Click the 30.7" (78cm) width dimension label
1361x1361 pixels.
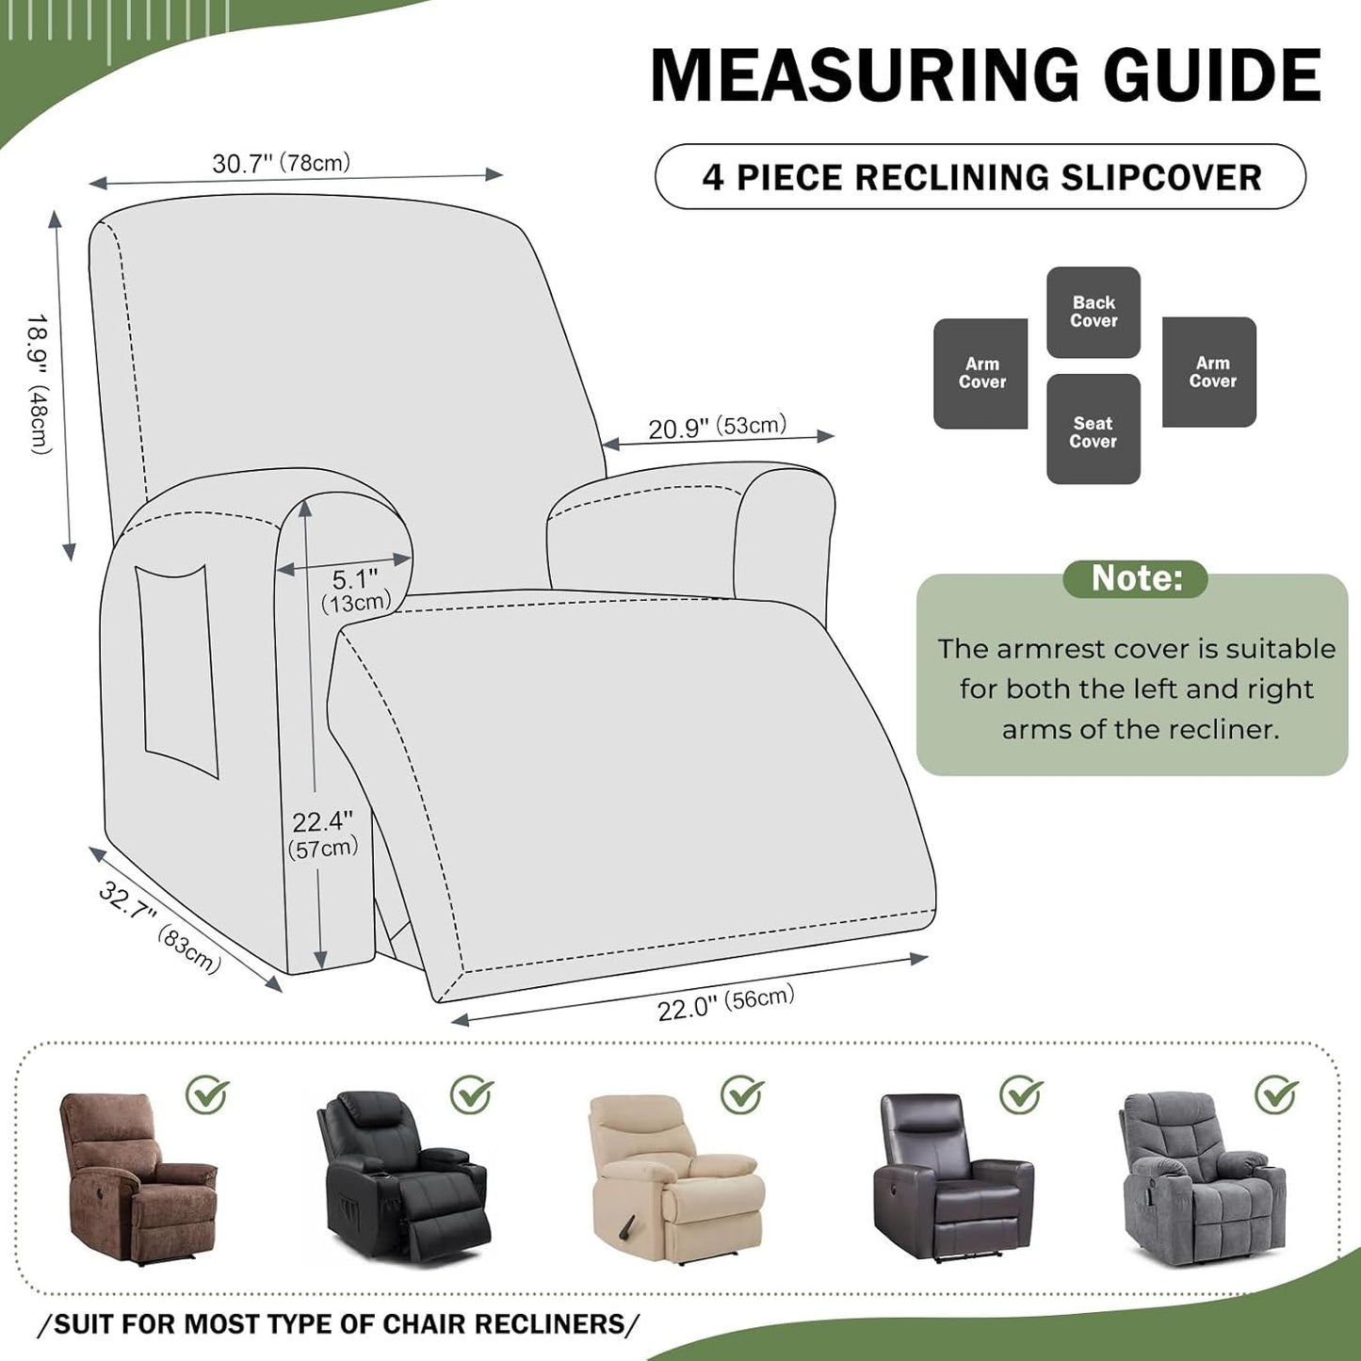[x=281, y=163]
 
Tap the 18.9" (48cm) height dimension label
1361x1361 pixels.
[x=39, y=383]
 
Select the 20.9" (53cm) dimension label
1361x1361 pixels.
[x=717, y=427]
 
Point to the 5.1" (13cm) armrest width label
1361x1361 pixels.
[x=355, y=591]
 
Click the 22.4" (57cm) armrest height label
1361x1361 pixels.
[x=322, y=834]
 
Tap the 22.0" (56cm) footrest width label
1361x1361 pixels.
[x=725, y=1003]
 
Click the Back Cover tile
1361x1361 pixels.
[x=1093, y=312]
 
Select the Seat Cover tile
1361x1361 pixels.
[x=1093, y=430]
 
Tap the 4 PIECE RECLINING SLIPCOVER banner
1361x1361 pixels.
[x=980, y=177]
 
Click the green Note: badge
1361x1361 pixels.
[x=1135, y=578]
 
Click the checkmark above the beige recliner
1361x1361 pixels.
[x=742, y=1094]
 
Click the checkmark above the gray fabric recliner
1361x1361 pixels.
[x=1276, y=1094]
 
